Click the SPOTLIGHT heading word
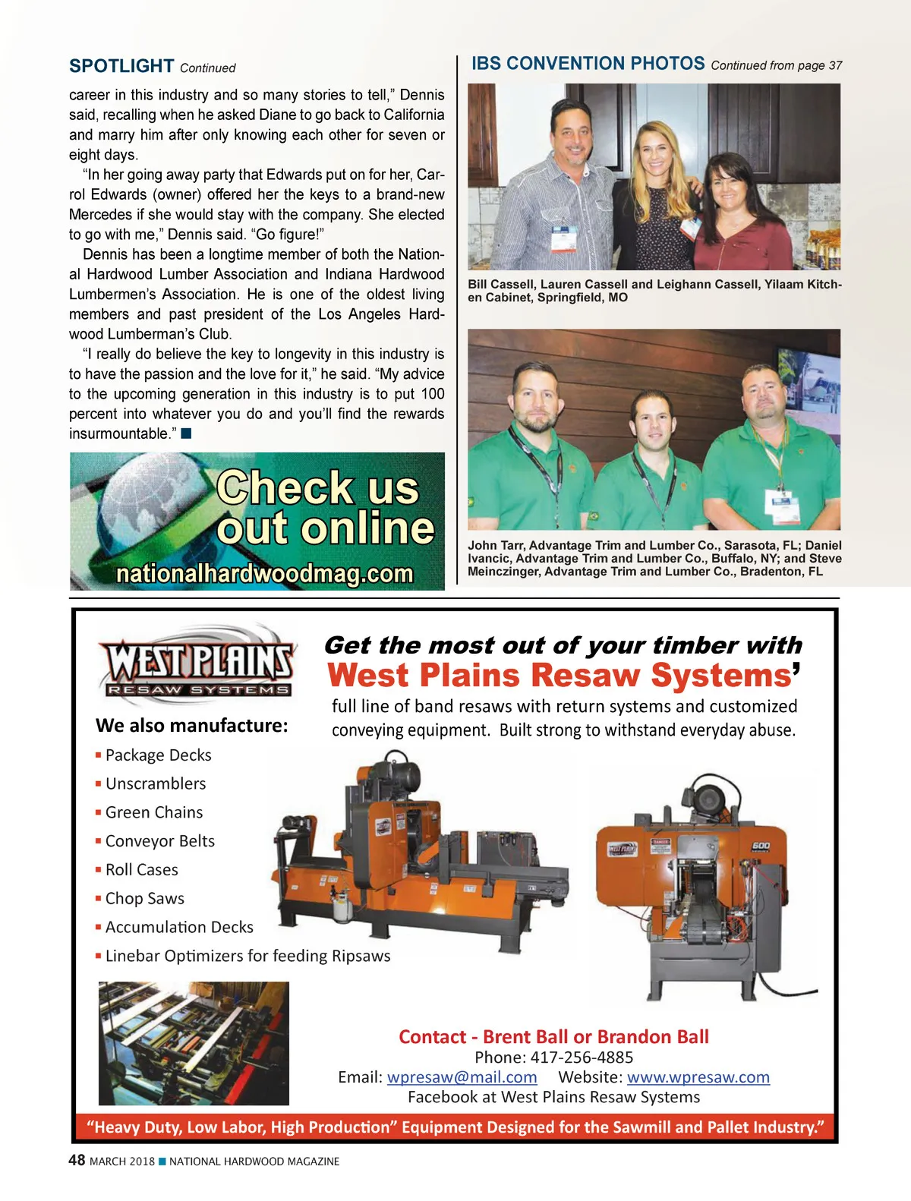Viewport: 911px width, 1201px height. (121, 66)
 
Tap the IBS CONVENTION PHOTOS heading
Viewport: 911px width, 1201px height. (588, 64)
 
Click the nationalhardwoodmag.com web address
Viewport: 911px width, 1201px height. (264, 573)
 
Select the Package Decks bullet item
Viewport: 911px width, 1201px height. (158, 755)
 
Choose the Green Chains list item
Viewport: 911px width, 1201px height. (153, 812)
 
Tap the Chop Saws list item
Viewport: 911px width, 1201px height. (144, 899)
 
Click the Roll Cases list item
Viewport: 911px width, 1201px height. (141, 870)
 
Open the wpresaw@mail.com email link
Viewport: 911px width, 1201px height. (462, 1077)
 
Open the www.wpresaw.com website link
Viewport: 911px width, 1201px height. (698, 1077)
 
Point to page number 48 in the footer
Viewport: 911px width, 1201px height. (77, 1161)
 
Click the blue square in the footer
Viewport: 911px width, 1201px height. (162, 1162)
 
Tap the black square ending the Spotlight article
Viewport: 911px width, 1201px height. (186, 433)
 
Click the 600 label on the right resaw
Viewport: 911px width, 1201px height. (760, 846)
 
